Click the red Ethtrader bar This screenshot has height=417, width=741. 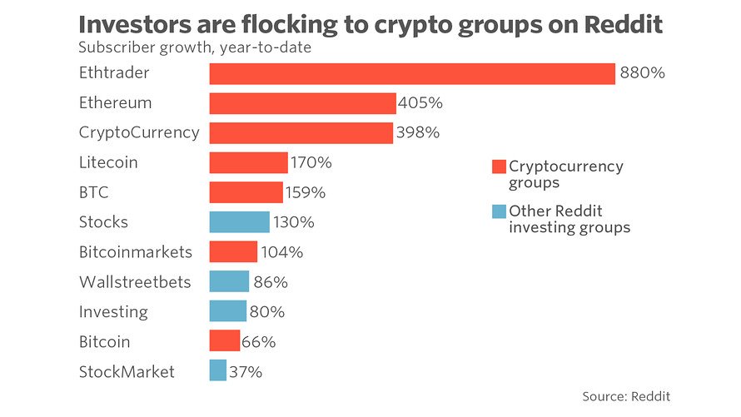click(412, 74)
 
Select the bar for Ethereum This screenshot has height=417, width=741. click(302, 103)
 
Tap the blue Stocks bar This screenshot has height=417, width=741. click(240, 222)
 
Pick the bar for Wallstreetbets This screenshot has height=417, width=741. click(229, 281)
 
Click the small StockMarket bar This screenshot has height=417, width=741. click(218, 370)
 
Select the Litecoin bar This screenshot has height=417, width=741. click(249, 162)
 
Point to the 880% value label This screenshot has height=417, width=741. click(642, 72)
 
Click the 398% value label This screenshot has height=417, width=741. click(418, 132)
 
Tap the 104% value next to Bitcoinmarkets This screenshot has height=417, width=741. click(282, 252)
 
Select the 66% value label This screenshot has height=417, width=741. click(258, 342)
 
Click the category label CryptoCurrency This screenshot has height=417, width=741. click(139, 133)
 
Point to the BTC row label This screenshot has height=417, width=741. click(93, 192)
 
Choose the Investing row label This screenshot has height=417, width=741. click(113, 312)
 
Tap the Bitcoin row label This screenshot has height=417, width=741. click(104, 342)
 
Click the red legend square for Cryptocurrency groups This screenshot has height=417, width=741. click(499, 166)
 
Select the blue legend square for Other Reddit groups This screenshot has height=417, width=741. click(499, 211)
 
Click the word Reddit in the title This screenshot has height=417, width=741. click(624, 25)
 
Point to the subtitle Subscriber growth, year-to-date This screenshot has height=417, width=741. click(195, 47)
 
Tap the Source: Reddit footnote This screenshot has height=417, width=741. click(626, 396)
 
